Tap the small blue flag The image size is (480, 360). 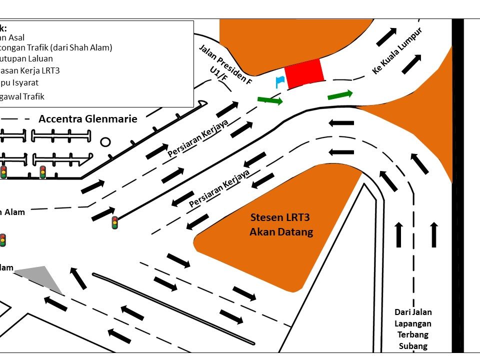coord(279,81)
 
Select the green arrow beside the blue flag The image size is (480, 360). coord(270,100)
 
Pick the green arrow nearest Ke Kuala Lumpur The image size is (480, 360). coord(340,95)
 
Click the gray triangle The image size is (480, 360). coord(42,278)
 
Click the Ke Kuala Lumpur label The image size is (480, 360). coord(397,51)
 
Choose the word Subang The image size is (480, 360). coord(413,346)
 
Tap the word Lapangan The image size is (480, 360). coord(413,323)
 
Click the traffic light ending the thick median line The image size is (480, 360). coord(115,222)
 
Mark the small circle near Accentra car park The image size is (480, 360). coord(105,142)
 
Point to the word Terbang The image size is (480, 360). coord(413,334)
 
